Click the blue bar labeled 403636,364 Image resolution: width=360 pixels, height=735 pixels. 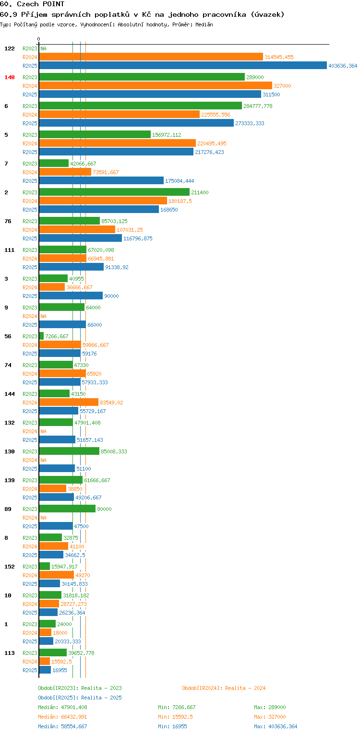[183, 66]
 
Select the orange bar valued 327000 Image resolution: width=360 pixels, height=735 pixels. [156, 86]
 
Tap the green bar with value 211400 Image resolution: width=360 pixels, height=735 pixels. [115, 192]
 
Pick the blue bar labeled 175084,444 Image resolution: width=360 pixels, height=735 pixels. [101, 181]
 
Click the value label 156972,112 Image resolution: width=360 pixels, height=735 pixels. [167, 135]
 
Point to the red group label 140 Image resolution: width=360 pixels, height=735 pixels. [10, 77]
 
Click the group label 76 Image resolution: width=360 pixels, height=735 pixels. [8, 221]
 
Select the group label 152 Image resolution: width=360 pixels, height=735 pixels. [10, 567]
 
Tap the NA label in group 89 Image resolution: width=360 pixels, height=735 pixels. [43, 518]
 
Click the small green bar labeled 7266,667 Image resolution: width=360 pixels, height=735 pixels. [41, 336]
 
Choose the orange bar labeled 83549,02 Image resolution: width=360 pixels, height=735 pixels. [69, 402]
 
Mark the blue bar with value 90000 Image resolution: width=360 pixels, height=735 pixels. [71, 296]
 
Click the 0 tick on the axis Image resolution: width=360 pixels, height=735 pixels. [39, 39]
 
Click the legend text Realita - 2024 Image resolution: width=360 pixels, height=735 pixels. [245, 688]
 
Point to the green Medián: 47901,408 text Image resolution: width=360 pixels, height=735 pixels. [63, 707]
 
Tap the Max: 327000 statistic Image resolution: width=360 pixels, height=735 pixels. [270, 717]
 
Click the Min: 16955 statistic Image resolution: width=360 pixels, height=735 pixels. [172, 726]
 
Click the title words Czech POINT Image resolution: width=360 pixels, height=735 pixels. [40, 4]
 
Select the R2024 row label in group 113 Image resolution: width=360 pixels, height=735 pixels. [30, 662]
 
